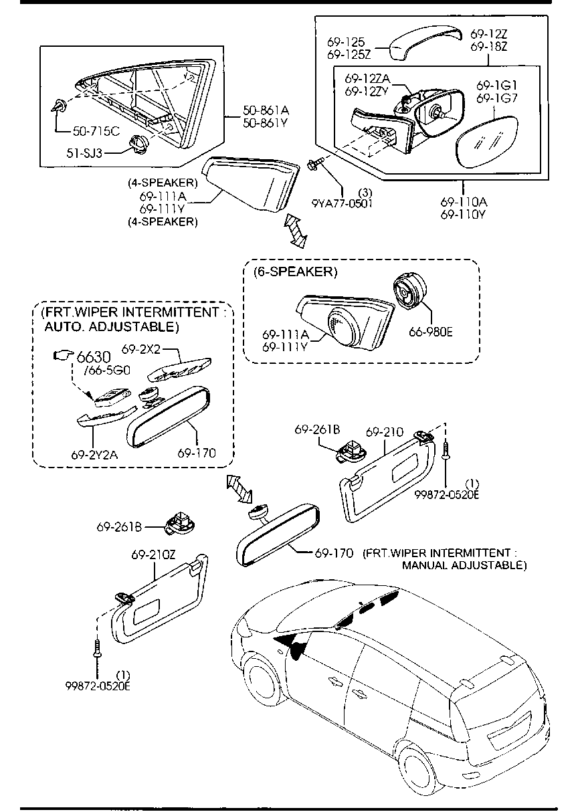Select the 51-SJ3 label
click(84, 153)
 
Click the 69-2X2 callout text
click(142, 348)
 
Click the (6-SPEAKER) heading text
click(295, 272)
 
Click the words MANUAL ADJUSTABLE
click(464, 565)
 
